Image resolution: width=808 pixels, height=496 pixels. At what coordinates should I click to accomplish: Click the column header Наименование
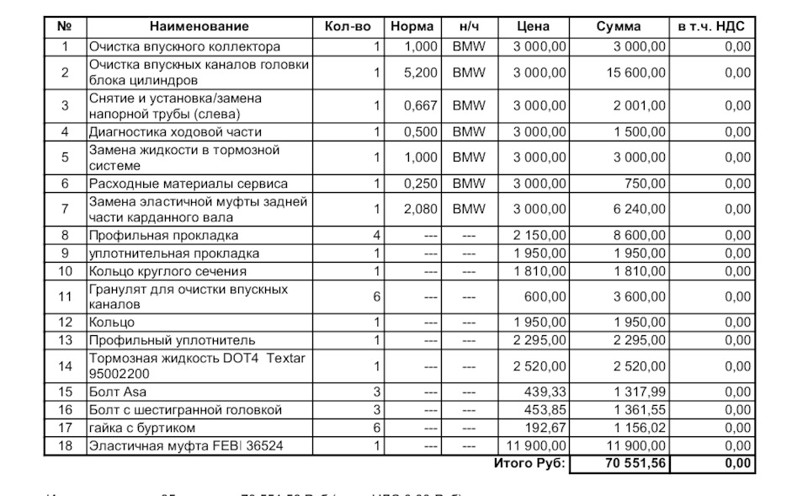[200, 27]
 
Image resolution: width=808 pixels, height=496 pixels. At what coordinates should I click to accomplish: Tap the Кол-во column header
[348, 27]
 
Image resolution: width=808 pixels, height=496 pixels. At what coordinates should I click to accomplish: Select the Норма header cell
[413, 27]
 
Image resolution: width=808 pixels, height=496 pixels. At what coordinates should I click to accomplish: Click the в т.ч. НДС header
[712, 27]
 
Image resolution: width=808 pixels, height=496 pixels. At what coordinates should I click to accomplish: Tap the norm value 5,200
[421, 72]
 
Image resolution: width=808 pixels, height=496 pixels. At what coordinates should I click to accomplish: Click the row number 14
[65, 366]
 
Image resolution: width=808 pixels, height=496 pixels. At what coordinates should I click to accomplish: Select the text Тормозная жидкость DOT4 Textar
[197, 359]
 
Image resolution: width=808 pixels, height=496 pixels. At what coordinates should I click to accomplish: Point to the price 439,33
[545, 392]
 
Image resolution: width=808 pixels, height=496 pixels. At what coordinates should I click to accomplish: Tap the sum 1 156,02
[641, 428]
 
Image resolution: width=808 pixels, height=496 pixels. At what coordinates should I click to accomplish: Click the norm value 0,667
[421, 106]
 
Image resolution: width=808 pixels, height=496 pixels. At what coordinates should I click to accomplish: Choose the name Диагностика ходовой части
[175, 132]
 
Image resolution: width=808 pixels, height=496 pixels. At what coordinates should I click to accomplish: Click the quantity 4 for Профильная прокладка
[377, 236]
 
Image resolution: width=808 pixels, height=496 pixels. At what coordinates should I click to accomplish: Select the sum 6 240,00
[641, 210]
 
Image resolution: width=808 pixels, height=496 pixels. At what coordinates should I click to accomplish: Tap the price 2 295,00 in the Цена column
[539, 340]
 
